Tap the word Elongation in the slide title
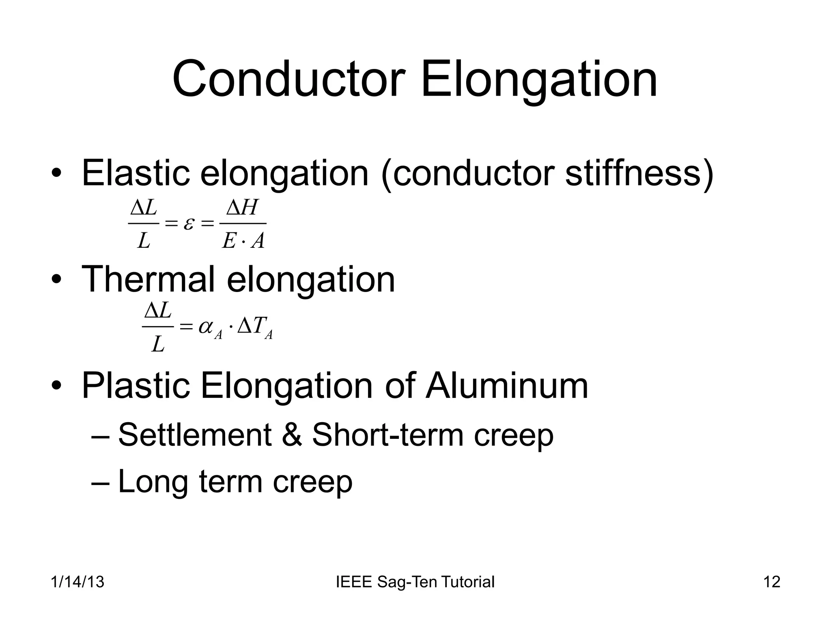pyautogui.click(x=539, y=79)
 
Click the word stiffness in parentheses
pyautogui.click(x=633, y=173)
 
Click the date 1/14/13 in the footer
pyautogui.click(x=78, y=582)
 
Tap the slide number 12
pyautogui.click(x=771, y=582)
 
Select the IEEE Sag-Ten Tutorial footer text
pyautogui.click(x=415, y=582)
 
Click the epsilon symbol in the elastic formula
pyautogui.click(x=188, y=223)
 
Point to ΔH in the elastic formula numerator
pyautogui.click(x=242, y=208)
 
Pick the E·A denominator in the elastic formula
pyautogui.click(x=243, y=241)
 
